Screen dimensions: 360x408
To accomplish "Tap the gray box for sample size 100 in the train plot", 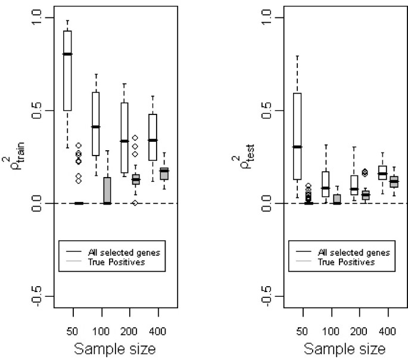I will point(107,190).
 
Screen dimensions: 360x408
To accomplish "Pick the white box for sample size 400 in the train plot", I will point(152,137).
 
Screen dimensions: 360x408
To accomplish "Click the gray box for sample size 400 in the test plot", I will point(394,182).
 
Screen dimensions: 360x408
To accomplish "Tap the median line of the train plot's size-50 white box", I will point(67,54).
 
